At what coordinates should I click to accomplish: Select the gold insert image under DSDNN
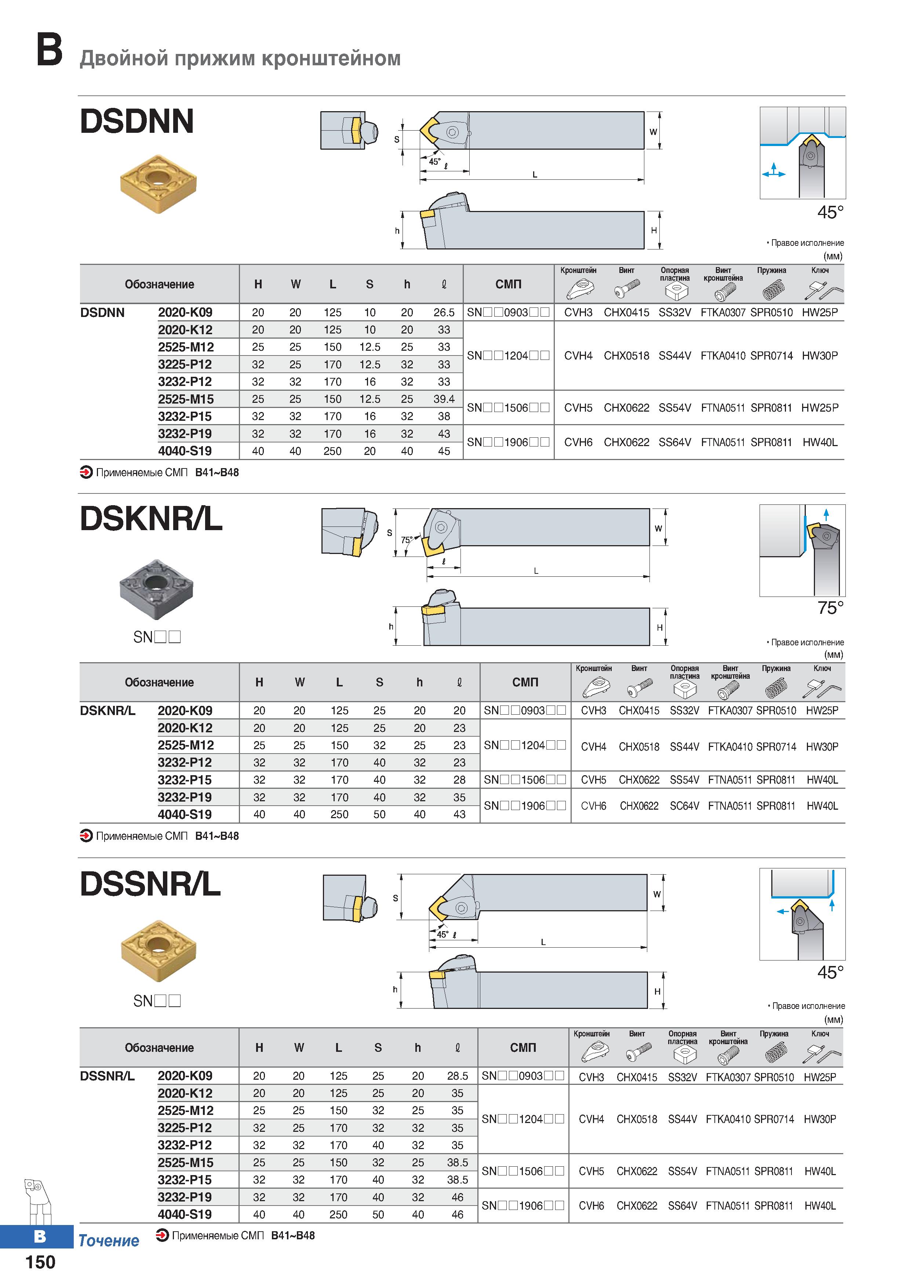point(159,183)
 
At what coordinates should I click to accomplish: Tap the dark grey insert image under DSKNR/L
point(156,588)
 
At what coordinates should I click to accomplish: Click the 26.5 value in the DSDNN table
point(444,312)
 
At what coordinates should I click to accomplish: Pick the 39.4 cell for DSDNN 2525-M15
point(444,399)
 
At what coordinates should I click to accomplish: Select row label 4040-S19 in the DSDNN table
point(185,451)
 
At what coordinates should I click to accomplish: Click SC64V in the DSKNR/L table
point(684,806)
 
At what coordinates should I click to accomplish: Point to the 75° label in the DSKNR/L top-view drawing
point(407,540)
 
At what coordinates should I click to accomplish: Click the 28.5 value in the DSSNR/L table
point(458,1076)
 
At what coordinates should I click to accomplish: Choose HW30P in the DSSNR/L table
point(820,1119)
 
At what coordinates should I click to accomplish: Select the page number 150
point(40,1262)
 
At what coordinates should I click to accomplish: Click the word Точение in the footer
point(109,1241)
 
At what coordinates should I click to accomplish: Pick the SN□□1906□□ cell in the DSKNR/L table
point(525,806)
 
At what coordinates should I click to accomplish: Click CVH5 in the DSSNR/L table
point(591,1171)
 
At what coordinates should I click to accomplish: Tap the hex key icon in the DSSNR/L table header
point(822,1054)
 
